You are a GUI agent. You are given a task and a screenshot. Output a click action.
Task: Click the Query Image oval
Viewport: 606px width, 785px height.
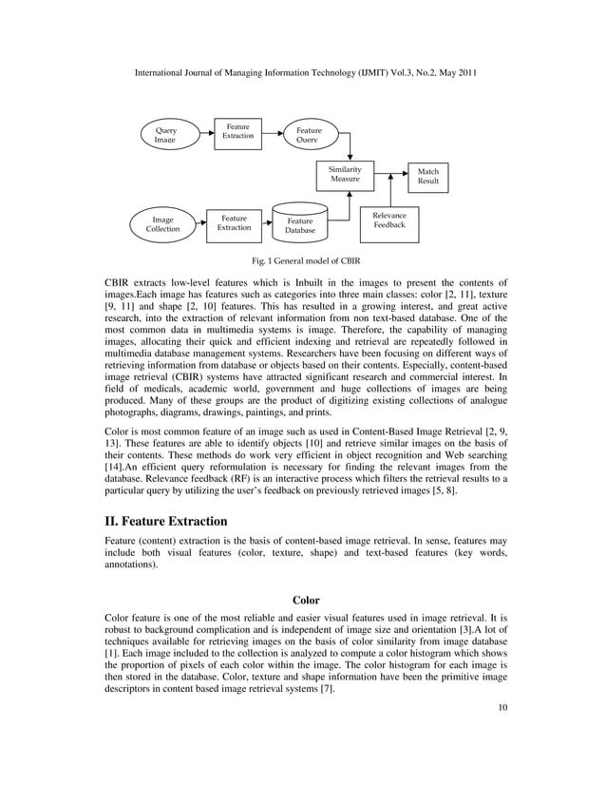click(x=165, y=134)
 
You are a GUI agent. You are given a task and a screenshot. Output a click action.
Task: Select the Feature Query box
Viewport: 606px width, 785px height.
click(x=309, y=136)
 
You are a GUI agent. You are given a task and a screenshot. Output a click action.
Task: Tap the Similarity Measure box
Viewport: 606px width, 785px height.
click(x=345, y=174)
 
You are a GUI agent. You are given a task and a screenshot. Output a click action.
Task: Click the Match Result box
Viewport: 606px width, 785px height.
click(x=428, y=177)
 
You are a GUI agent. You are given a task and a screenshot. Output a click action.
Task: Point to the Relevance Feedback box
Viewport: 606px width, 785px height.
click(x=389, y=220)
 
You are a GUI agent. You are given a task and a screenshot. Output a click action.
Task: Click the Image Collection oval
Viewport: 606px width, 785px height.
click(x=162, y=224)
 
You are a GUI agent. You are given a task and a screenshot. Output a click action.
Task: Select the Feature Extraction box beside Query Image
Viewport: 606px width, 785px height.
click(x=237, y=131)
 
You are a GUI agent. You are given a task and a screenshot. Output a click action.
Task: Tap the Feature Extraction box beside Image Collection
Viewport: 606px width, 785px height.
click(x=234, y=223)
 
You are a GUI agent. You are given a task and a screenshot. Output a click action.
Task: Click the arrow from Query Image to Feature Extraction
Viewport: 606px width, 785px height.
click(x=204, y=133)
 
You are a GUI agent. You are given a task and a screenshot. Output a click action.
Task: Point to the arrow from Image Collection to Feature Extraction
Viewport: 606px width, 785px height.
click(x=201, y=224)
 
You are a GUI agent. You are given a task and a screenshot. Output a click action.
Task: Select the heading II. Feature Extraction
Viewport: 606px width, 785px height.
click(x=166, y=521)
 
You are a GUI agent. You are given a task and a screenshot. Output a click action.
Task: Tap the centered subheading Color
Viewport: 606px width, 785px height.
click(x=306, y=600)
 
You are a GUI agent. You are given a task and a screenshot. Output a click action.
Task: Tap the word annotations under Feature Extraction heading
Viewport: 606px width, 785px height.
click(x=132, y=565)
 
